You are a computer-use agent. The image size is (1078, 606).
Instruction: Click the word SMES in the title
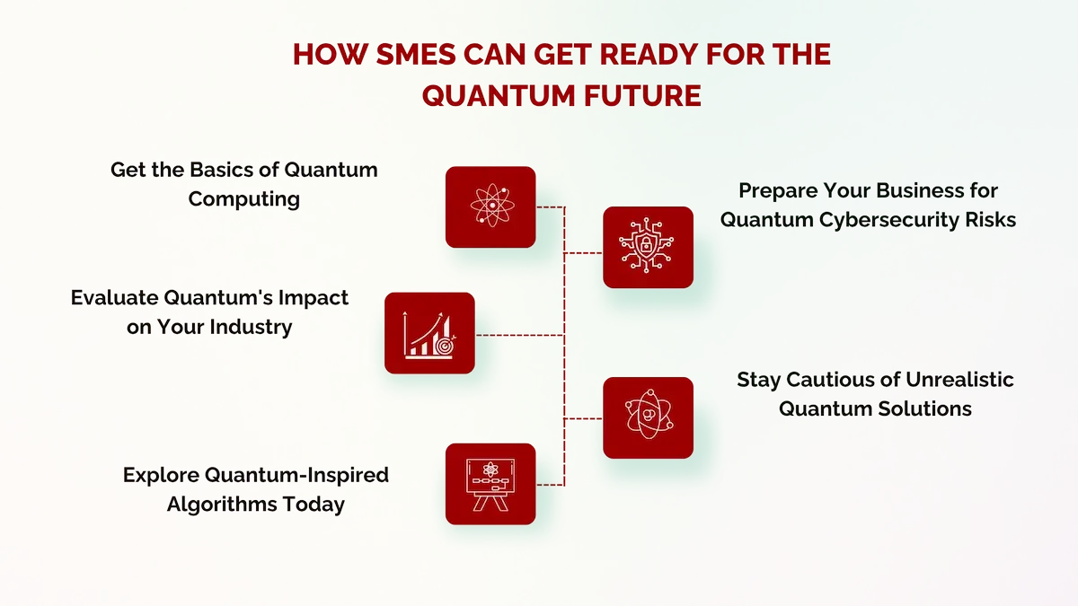pyautogui.click(x=416, y=54)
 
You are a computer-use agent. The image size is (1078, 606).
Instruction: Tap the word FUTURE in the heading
pyautogui.click(x=642, y=95)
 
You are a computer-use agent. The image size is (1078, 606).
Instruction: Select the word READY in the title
pyautogui.click(x=649, y=54)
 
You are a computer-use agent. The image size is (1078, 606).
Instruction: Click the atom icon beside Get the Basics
pyautogui.click(x=492, y=206)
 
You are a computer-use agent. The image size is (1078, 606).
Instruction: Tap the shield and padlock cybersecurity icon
pyautogui.click(x=646, y=246)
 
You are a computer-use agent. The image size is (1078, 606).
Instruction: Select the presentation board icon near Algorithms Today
pyautogui.click(x=490, y=484)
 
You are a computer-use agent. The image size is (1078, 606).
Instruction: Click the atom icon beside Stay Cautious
pyautogui.click(x=649, y=415)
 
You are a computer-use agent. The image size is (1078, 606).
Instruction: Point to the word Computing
pyautogui.click(x=244, y=199)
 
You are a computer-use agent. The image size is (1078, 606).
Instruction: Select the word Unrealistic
pyautogui.click(x=959, y=380)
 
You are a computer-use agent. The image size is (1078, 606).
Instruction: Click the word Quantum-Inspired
pyautogui.click(x=296, y=475)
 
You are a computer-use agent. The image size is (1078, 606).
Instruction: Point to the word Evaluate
pyautogui.click(x=114, y=298)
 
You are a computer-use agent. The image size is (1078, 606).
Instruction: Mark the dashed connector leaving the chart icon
pyautogui.click(x=520, y=335)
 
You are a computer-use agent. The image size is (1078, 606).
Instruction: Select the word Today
pyautogui.click(x=314, y=505)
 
